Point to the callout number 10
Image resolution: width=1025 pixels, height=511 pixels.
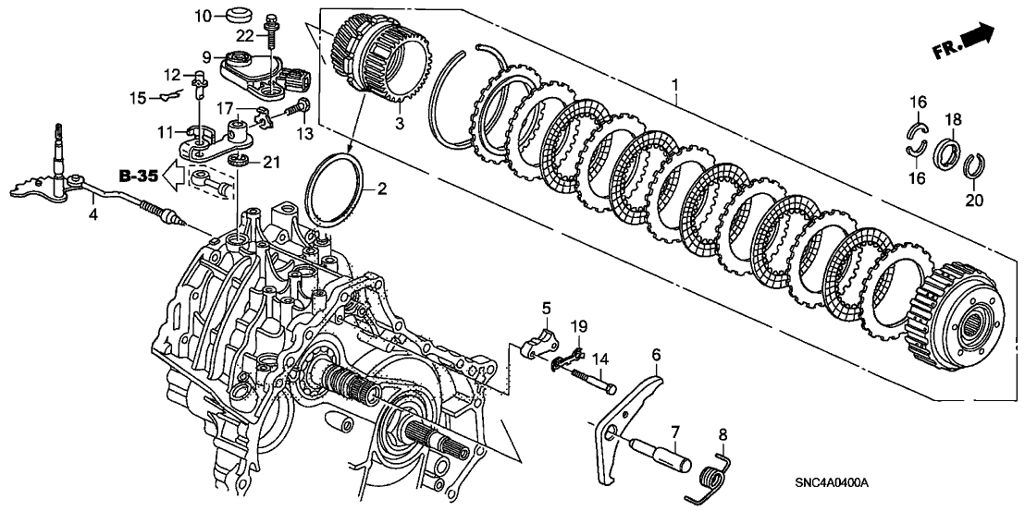click(x=204, y=15)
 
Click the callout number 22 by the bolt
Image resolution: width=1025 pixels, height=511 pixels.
click(x=244, y=35)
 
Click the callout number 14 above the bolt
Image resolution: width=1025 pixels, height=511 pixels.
click(x=599, y=357)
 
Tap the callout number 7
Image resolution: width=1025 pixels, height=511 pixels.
click(x=675, y=431)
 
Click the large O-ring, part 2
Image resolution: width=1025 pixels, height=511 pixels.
click(x=338, y=189)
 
